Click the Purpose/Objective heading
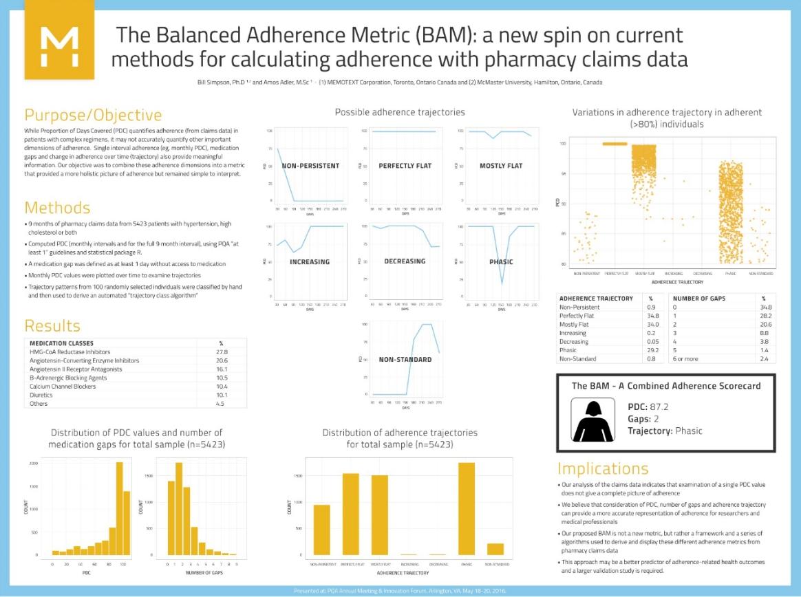94,115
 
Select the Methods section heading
57,208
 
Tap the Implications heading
603,468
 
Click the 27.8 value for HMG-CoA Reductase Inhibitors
222,351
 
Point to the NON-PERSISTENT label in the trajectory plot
311,166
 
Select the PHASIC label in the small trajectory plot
500,261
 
